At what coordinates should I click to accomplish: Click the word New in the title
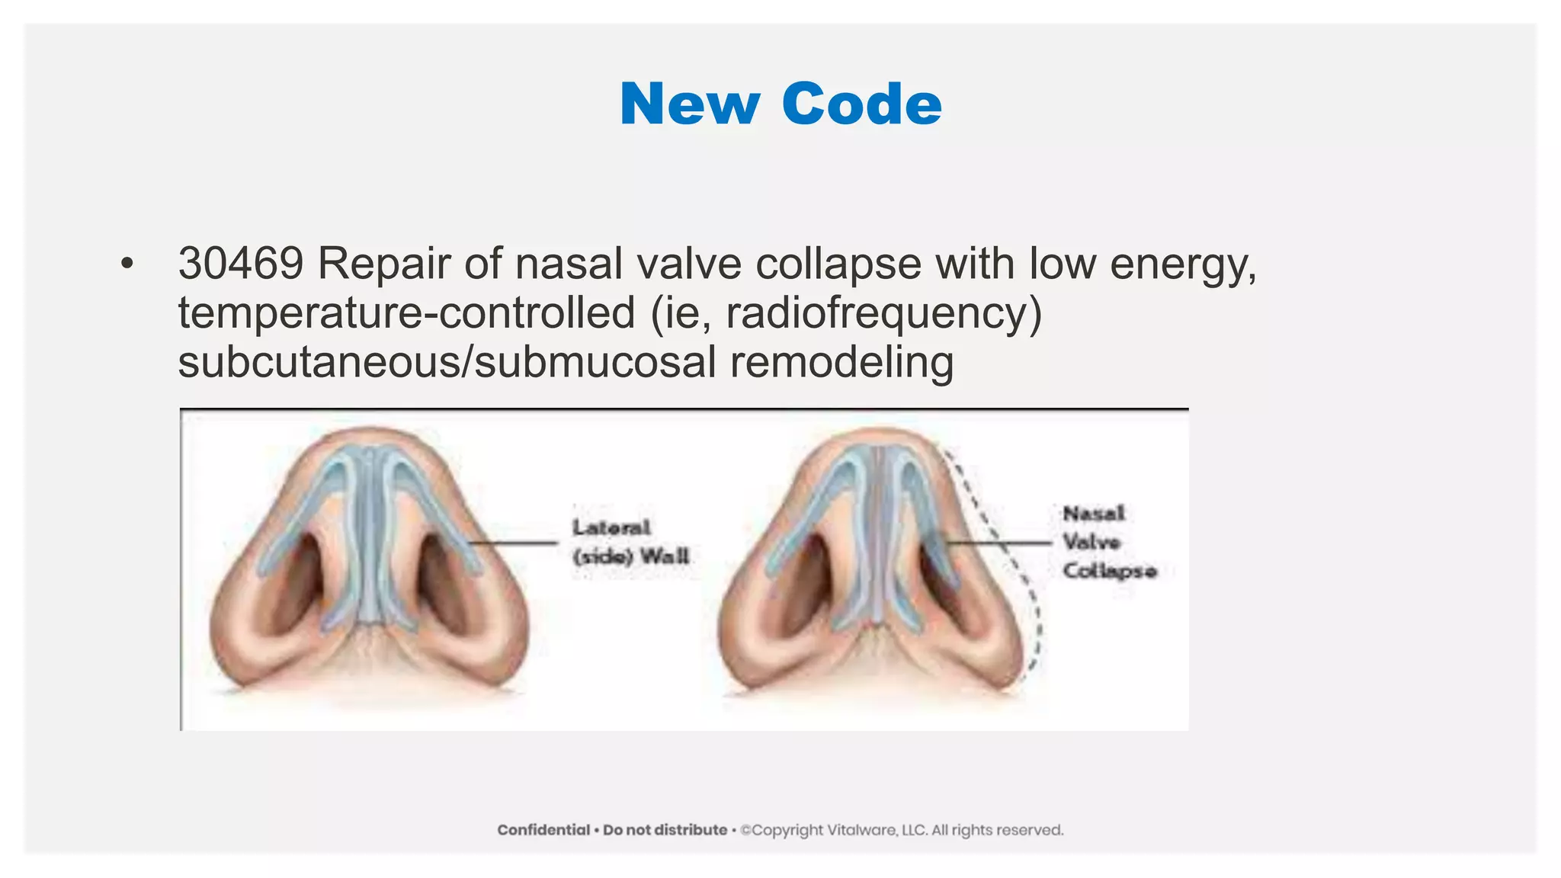pos(689,104)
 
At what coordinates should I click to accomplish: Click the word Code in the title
pos(861,104)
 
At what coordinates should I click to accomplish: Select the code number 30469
pos(241,264)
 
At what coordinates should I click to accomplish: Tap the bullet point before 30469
pos(127,264)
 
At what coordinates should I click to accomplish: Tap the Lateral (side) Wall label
pos(630,541)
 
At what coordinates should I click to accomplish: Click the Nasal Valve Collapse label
pos(1109,542)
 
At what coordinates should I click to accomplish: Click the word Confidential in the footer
pos(543,830)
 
